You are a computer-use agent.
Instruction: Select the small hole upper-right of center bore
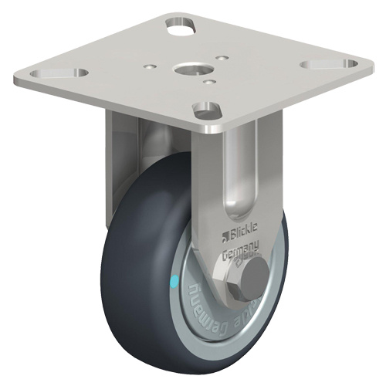coord(222,56)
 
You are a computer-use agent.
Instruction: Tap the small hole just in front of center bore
coord(209,78)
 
